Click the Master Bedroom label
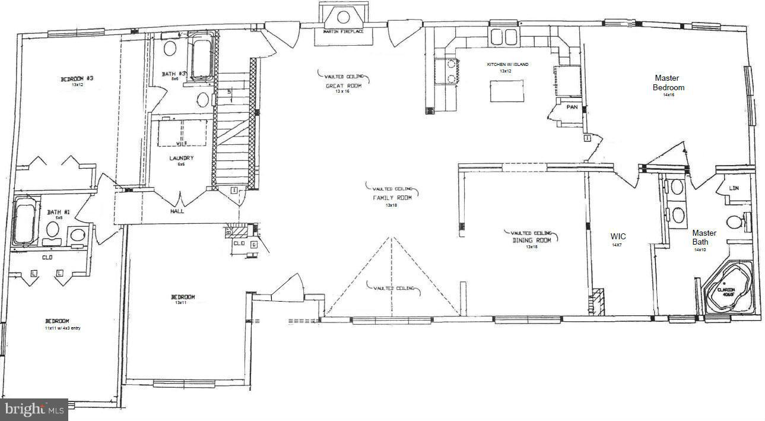[669, 83]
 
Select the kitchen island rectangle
[507, 91]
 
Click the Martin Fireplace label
[343, 31]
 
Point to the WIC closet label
[618, 236]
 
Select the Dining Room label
[532, 240]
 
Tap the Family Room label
[392, 198]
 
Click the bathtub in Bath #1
[24, 223]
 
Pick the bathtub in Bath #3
[202, 57]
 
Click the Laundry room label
[181, 158]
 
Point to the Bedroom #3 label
[77, 79]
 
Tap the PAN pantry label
[572, 107]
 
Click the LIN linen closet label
[734, 188]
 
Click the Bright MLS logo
[34, 409]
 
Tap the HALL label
[177, 211]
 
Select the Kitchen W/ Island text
[507, 64]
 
